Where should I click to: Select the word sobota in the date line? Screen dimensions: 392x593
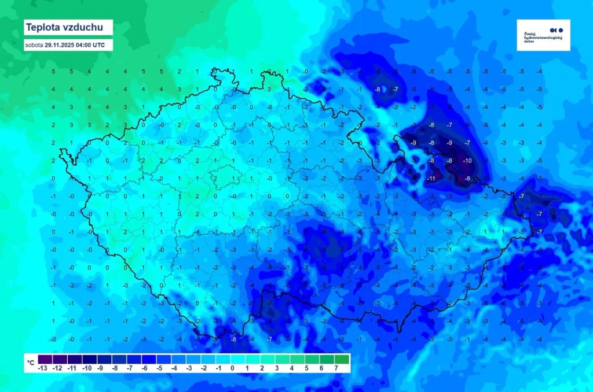coord(34,45)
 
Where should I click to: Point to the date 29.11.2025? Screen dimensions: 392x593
coord(60,45)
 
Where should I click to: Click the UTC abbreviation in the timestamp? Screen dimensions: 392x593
coord(98,45)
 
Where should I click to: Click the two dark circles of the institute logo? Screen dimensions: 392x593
coord(556,30)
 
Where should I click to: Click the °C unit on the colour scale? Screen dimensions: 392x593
coord(30,362)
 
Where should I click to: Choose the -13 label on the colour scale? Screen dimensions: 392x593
coord(42,368)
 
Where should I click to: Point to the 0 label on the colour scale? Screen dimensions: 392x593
coord(232,368)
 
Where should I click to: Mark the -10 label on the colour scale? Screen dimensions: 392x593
coord(87,368)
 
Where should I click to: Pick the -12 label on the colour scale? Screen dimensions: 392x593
coord(57,368)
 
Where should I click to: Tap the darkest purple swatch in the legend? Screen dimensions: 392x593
coord(42,358)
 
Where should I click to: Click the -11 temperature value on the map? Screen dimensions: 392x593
coord(431,179)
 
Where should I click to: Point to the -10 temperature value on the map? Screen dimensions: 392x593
coord(467,160)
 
